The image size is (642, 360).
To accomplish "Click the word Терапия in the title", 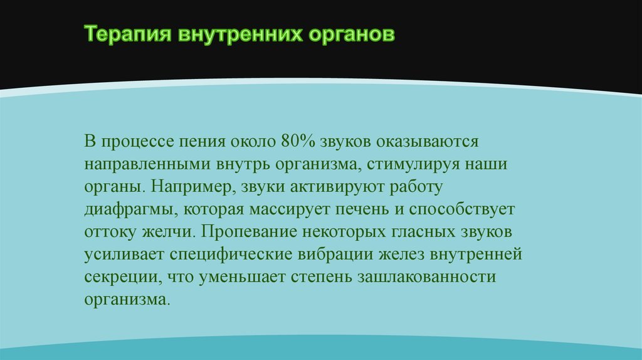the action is pyautogui.click(x=127, y=34).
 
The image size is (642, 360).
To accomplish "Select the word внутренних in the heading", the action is pyautogui.click(x=240, y=34).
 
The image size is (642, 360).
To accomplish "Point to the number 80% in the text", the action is pyautogui.click(x=298, y=141).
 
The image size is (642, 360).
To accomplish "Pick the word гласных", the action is pyautogui.click(x=424, y=232).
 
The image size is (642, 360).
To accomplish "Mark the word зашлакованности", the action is pyautogui.click(x=426, y=277).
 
